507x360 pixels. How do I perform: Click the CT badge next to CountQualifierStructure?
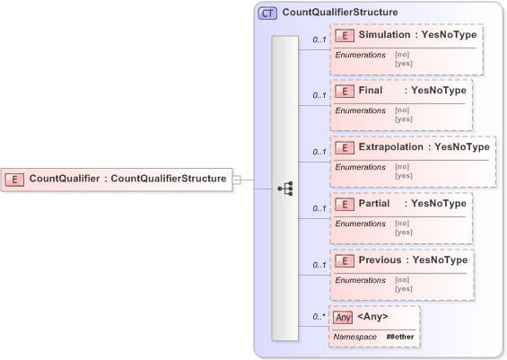click(x=267, y=13)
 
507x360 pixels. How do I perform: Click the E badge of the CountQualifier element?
click(x=16, y=179)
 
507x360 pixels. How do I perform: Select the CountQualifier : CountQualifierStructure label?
click(x=127, y=179)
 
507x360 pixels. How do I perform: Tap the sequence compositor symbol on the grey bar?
click(x=285, y=189)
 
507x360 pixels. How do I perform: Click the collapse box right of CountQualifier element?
click(x=237, y=179)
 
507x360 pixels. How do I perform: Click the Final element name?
click(x=370, y=91)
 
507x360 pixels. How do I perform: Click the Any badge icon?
click(x=342, y=317)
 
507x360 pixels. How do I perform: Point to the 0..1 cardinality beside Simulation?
click(x=319, y=40)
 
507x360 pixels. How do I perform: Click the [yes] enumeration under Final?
click(x=404, y=119)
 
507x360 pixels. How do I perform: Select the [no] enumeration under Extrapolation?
click(x=402, y=166)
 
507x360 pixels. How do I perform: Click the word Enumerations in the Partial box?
click(x=360, y=224)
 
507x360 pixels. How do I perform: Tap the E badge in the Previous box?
click(x=345, y=260)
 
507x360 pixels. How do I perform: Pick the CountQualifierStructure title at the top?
click(x=340, y=13)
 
